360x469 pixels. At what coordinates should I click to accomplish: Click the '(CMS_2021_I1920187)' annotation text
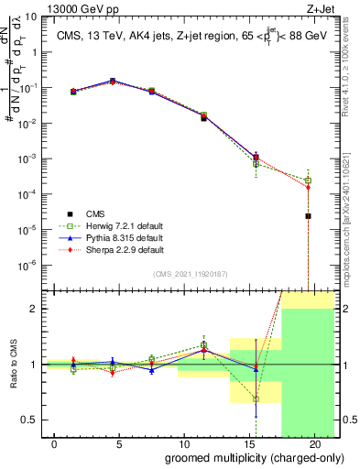[x=191, y=274]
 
